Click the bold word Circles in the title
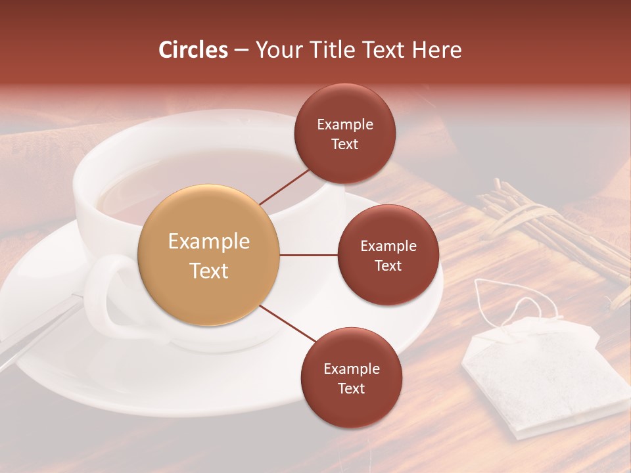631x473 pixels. pos(193,50)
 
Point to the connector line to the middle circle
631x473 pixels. pos(308,255)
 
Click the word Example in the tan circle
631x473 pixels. pos(209,242)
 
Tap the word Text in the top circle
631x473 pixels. pos(344,145)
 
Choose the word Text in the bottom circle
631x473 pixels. pos(351,388)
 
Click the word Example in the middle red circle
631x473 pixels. pos(388,246)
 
